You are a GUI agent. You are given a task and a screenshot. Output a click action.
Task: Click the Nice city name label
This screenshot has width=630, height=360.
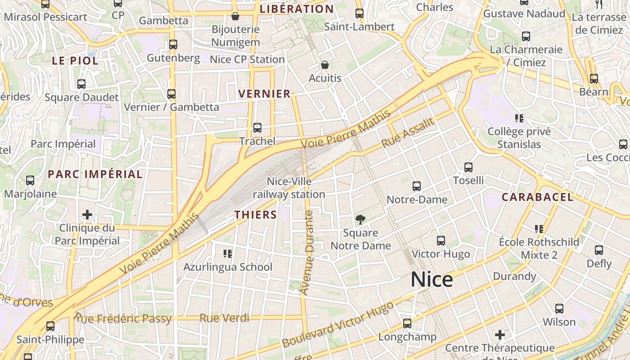(432, 280)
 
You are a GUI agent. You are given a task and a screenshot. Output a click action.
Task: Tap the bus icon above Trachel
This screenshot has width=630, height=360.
(257, 128)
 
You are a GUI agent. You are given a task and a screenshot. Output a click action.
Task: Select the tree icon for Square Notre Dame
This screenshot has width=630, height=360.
(360, 220)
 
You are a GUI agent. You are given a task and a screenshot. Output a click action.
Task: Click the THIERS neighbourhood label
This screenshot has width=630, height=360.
(256, 215)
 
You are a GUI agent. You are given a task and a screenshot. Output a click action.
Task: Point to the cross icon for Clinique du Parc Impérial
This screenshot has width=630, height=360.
(87, 215)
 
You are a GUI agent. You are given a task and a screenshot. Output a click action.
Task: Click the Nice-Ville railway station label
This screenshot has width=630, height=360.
(289, 188)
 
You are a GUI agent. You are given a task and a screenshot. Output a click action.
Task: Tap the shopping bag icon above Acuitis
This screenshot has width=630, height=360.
(325, 65)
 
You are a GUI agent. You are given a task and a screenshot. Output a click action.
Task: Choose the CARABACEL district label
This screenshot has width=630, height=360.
(538, 197)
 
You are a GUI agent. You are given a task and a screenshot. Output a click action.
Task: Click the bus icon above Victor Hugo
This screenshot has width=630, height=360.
(441, 241)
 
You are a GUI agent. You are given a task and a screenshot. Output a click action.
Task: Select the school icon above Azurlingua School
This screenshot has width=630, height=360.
(228, 254)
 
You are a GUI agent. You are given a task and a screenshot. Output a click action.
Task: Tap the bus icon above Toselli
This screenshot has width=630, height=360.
(468, 167)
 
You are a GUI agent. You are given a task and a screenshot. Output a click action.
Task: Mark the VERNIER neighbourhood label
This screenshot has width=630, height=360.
(265, 94)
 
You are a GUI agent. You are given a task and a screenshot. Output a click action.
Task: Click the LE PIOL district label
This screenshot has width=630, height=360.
(75, 61)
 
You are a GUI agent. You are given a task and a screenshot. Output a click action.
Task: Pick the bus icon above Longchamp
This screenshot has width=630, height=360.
(407, 324)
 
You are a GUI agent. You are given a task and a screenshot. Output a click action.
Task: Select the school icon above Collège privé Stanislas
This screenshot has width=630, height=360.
(519, 118)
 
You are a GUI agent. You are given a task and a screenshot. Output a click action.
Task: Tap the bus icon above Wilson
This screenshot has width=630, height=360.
(559, 309)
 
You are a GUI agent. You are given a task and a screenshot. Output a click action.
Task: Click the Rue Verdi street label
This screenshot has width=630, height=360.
(225, 318)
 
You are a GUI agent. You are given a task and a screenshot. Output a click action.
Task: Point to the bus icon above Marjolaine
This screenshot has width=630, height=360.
(30, 180)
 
